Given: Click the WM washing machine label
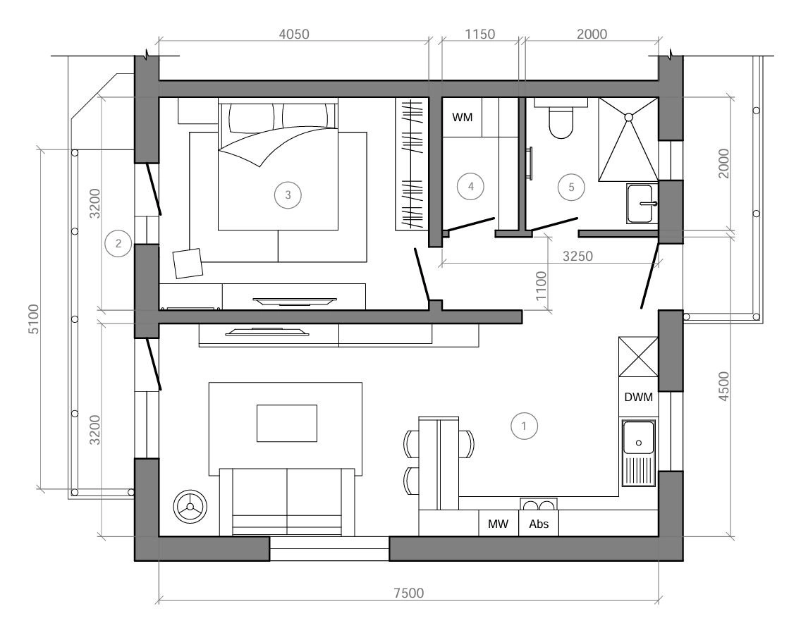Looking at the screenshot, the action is (463, 118).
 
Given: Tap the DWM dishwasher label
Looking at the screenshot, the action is (639, 397).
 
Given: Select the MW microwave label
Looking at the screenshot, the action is (498, 524).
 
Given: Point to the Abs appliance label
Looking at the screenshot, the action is (539, 524).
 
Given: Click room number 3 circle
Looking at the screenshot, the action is (288, 195).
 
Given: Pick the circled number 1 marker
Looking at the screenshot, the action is (524, 426).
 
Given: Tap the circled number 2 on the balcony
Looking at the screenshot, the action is (118, 244).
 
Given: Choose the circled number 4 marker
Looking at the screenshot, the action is (470, 186).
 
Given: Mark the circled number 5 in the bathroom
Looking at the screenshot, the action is (571, 187).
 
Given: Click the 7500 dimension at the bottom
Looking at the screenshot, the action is (409, 593).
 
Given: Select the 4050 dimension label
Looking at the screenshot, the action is (294, 34).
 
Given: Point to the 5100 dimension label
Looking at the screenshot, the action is (33, 319).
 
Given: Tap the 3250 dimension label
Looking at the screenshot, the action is (577, 256).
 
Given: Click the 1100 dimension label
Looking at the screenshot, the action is (541, 286).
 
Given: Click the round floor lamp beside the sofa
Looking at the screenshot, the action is (190, 506).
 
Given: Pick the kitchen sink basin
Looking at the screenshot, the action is (638, 438).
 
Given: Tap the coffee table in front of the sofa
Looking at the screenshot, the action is (286, 423).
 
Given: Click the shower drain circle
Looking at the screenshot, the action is (628, 117).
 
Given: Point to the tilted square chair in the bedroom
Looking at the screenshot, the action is (188, 264).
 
